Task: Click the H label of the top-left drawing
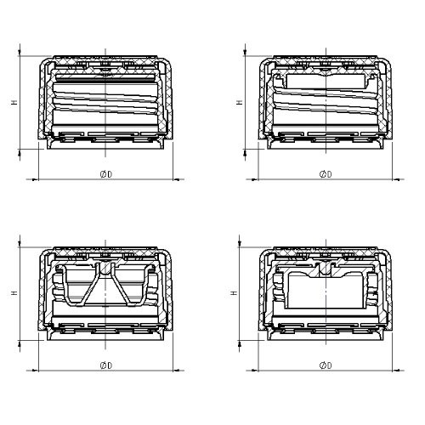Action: pyautogui.click(x=14, y=102)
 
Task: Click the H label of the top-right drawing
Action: pyautogui.click(x=240, y=102)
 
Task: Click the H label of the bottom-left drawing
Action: pyautogui.click(x=14, y=292)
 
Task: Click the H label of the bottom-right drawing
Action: pyautogui.click(x=234, y=292)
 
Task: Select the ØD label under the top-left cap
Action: pyautogui.click(x=106, y=174)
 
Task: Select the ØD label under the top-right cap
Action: pyautogui.click(x=326, y=174)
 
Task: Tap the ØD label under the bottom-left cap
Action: pyautogui.click(x=106, y=365)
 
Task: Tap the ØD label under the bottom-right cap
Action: pyautogui.click(x=326, y=365)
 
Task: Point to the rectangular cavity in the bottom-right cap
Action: pyautogui.click(x=326, y=291)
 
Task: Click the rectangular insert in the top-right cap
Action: pyautogui.click(x=326, y=81)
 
